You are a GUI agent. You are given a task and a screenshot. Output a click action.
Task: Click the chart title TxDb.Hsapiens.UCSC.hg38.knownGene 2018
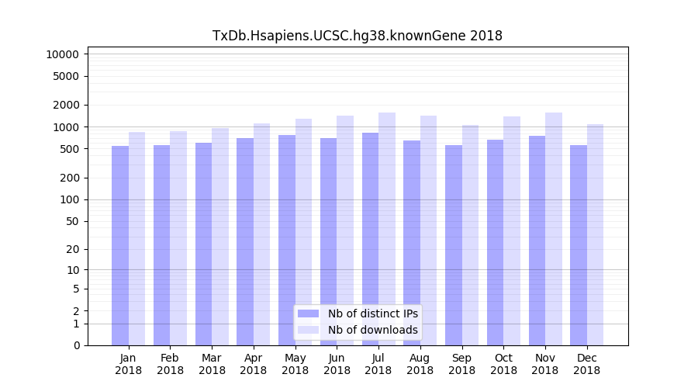coord(358,36)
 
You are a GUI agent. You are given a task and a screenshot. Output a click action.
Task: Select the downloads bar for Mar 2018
coord(220,237)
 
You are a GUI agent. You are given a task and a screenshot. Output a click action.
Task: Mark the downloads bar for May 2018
coord(303,232)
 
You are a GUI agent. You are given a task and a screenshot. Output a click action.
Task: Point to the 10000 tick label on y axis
coord(62,54)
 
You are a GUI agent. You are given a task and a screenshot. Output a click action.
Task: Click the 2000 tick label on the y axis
coord(65,105)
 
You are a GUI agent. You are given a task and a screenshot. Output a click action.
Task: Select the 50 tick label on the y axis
coord(71,221)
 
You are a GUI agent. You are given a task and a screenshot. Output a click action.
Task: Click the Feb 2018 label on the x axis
coord(170,364)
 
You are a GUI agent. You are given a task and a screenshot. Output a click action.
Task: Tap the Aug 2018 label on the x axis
coord(420,364)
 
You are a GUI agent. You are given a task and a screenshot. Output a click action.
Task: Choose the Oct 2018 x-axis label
coord(503,364)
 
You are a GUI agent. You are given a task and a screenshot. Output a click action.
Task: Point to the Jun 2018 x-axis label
coord(337,364)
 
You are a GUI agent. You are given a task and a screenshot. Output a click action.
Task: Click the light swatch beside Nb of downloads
coord(308,330)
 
